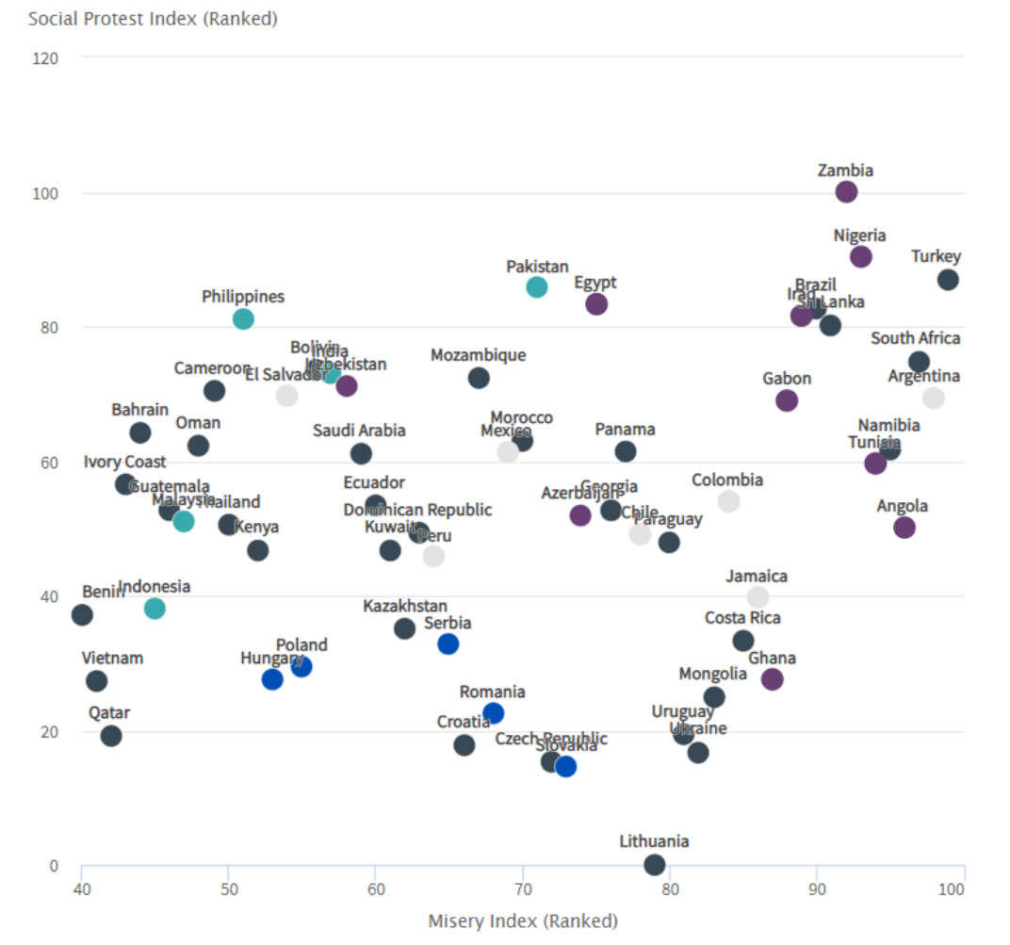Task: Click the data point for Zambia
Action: pyautogui.click(x=846, y=192)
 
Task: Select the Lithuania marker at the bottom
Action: pyautogui.click(x=655, y=865)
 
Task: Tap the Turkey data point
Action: pyautogui.click(x=948, y=280)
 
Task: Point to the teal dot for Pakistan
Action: pyautogui.click(x=537, y=287)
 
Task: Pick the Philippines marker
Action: pyautogui.click(x=243, y=318)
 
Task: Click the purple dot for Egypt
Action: pyautogui.click(x=596, y=304)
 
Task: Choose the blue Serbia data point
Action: pyautogui.click(x=448, y=644)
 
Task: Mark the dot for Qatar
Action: pyautogui.click(x=111, y=736)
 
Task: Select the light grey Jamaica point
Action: pyautogui.click(x=757, y=597)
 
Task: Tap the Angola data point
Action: pyautogui.click(x=904, y=528)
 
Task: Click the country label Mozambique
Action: pyautogui.click(x=479, y=355)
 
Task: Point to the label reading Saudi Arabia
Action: pyautogui.click(x=360, y=431)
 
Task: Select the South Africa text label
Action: pyautogui.click(x=915, y=338)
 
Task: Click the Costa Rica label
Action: pyautogui.click(x=742, y=618)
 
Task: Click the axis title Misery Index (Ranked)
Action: pyautogui.click(x=523, y=921)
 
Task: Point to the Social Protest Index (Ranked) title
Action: pyautogui.click(x=153, y=19)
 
